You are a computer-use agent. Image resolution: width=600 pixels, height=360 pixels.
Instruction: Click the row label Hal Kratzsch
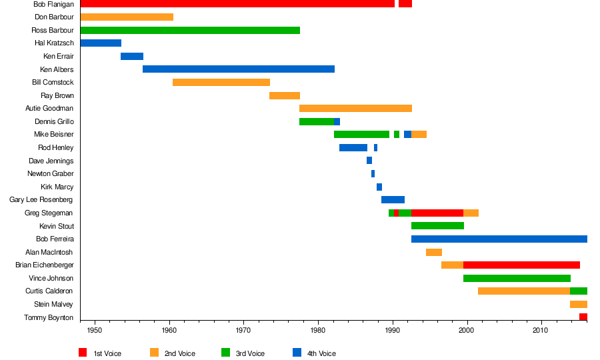(55, 43)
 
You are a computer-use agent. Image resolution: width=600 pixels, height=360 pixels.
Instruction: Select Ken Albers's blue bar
(239, 69)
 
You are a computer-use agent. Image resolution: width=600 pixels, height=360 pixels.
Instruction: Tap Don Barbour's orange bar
(127, 17)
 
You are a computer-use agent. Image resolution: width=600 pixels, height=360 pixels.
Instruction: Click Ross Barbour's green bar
(190, 30)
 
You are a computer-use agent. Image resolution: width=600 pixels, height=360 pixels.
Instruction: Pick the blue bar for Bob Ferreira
(499, 239)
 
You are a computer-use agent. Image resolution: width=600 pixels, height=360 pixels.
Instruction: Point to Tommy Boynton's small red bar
(583, 317)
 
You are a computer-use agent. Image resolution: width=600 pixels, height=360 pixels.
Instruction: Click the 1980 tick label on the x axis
(318, 330)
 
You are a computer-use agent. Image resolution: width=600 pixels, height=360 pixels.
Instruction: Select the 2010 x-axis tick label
(541, 330)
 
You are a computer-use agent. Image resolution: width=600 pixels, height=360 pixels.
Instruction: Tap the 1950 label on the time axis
(95, 330)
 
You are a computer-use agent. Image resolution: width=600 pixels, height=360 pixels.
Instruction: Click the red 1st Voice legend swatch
(83, 353)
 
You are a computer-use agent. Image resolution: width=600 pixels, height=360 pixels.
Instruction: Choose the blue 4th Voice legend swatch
(297, 353)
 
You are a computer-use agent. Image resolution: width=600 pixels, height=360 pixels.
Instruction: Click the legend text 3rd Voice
(250, 353)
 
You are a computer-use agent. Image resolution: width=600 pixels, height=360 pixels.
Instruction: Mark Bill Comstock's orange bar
(221, 83)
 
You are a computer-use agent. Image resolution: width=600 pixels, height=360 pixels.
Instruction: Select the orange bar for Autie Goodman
(355, 109)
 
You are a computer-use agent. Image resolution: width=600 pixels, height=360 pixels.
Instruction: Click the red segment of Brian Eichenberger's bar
(521, 265)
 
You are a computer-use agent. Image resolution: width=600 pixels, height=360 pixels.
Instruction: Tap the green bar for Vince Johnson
(517, 278)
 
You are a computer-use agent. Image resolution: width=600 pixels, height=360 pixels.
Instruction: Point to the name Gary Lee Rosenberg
(41, 200)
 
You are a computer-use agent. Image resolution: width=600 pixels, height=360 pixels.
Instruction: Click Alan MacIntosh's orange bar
(434, 252)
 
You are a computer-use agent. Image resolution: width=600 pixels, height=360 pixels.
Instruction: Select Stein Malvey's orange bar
(579, 304)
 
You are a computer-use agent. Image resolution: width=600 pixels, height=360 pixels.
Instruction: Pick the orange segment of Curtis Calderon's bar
(524, 291)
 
